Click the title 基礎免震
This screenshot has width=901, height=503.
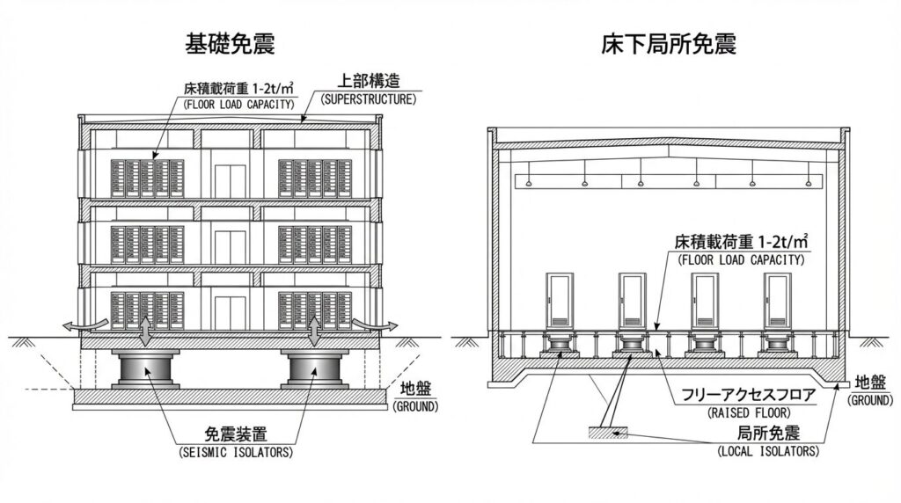click(x=223, y=43)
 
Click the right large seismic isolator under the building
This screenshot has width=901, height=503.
click(x=314, y=368)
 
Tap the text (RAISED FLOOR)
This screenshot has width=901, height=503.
click(x=749, y=412)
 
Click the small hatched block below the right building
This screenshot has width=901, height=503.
click(x=606, y=433)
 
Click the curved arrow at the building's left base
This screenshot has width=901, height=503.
click(x=74, y=326)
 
